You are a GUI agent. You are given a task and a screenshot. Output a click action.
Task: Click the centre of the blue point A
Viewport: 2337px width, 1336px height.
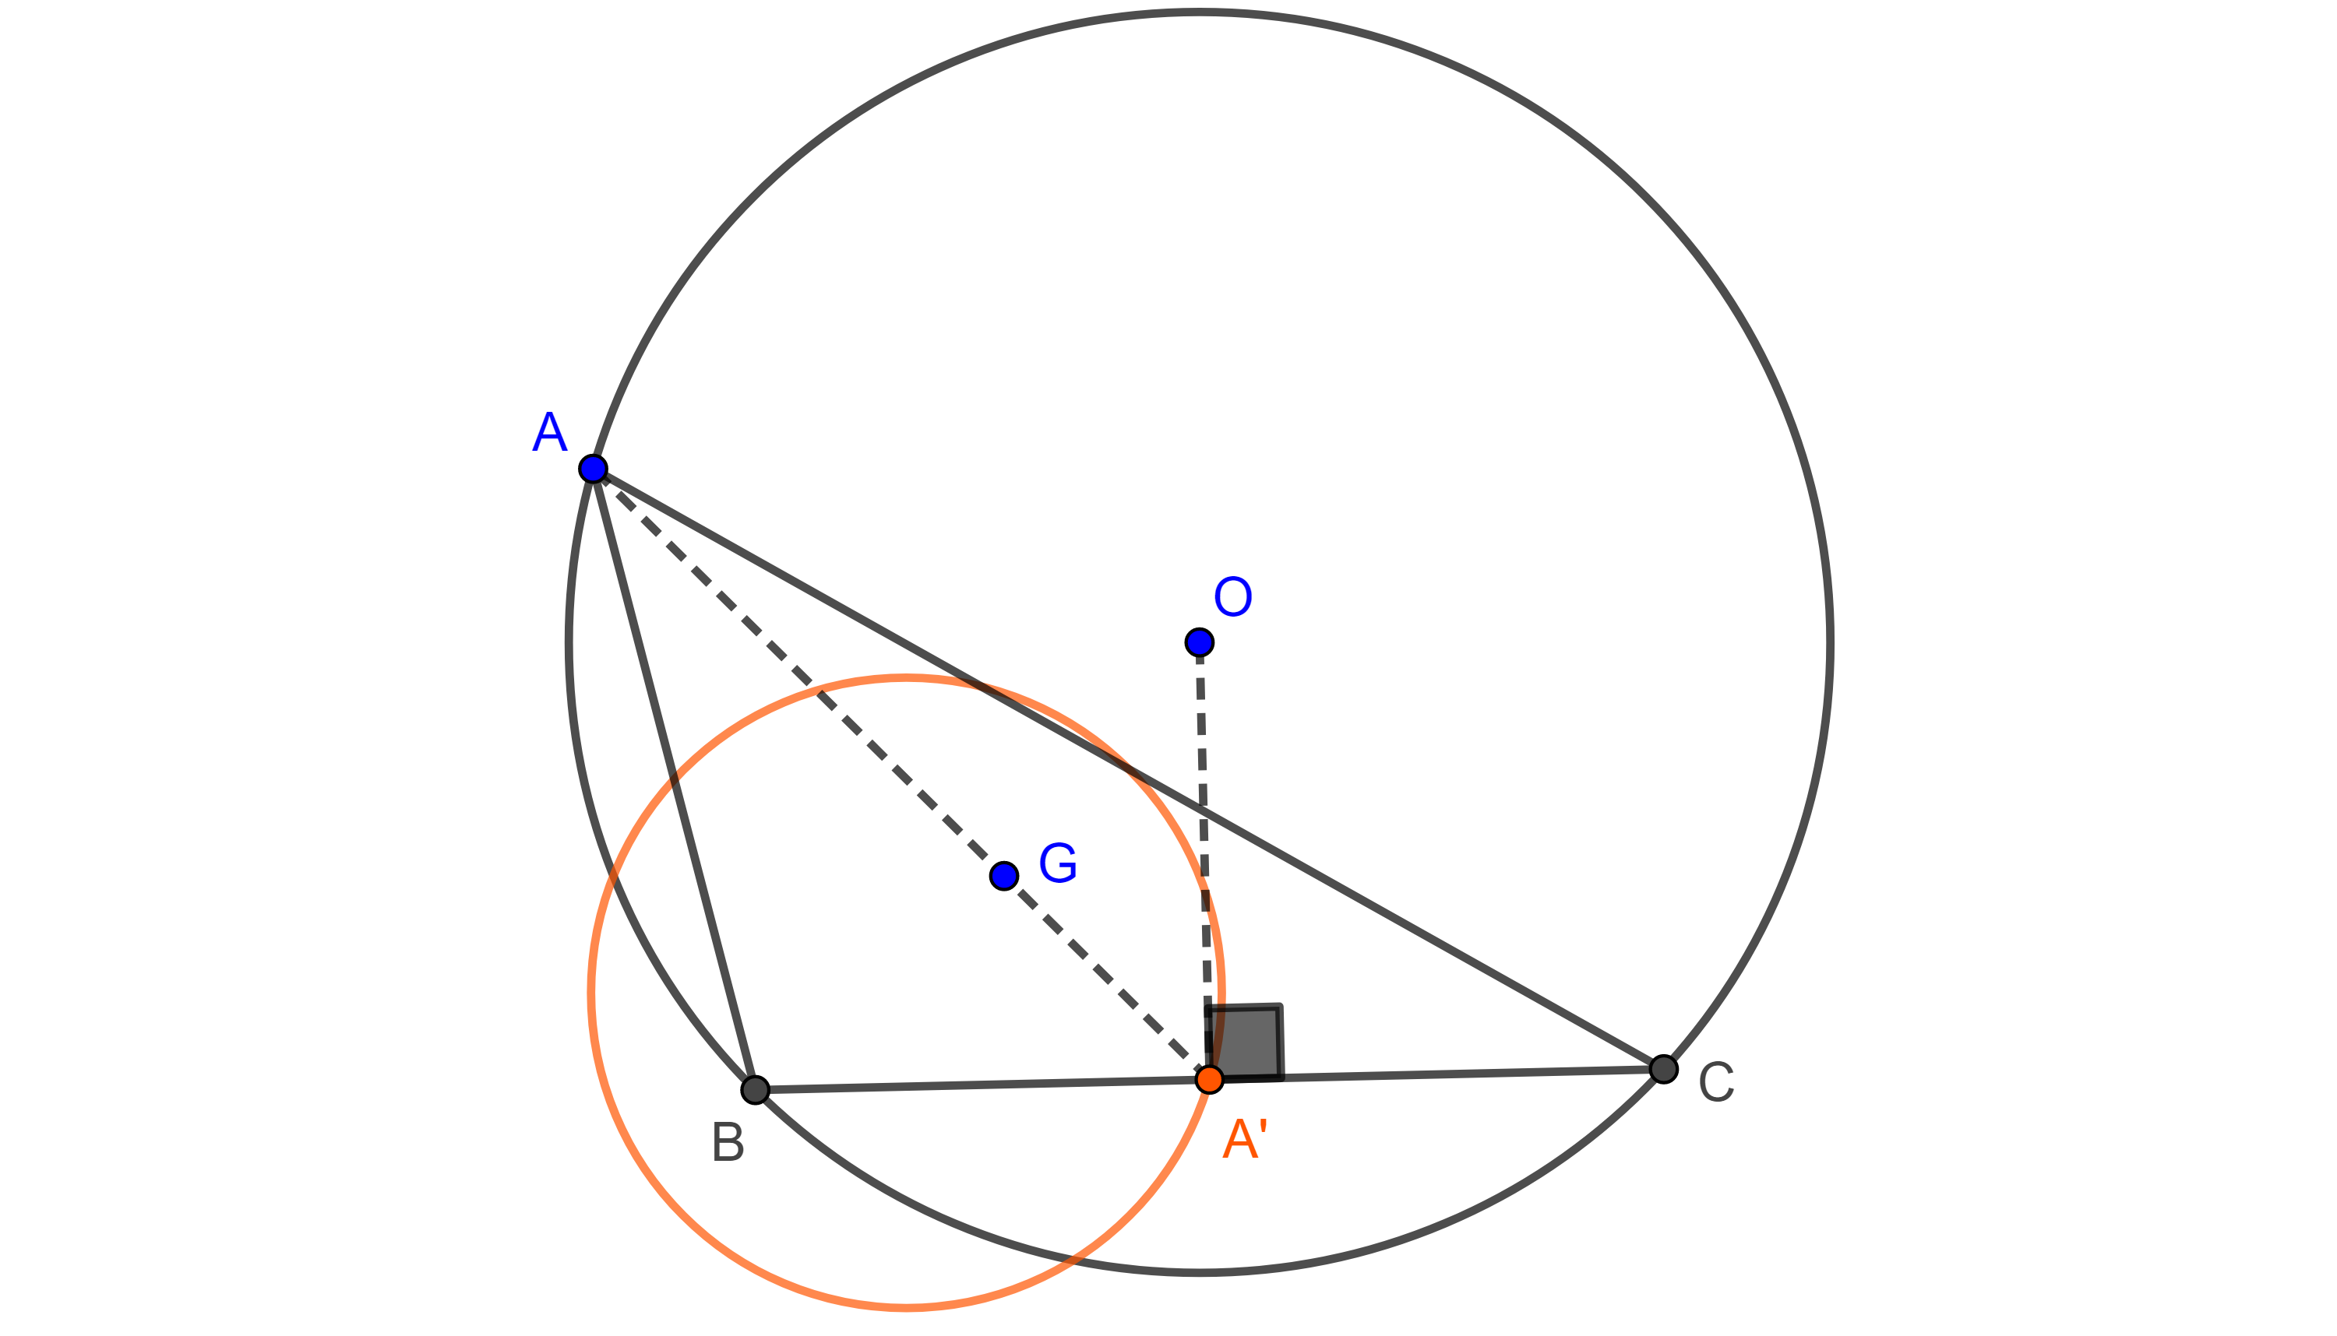coord(593,469)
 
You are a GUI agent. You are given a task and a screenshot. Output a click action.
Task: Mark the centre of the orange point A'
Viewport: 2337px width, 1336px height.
coord(1210,1079)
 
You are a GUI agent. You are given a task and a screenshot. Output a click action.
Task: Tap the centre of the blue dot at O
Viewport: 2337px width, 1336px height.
coord(1200,642)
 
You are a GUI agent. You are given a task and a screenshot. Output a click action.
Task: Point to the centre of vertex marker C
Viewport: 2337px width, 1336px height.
coord(1663,1069)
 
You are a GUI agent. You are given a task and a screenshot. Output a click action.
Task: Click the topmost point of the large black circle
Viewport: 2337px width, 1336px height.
coord(1200,12)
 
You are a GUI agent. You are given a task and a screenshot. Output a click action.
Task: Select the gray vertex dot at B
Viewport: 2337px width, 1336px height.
coord(756,1089)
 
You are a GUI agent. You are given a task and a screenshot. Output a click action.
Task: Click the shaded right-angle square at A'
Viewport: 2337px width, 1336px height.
coord(1245,1042)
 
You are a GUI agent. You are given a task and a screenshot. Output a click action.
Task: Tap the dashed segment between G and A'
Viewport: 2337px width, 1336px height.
coord(1107,977)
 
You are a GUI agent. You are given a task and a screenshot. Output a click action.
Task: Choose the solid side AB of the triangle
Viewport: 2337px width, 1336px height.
coord(675,779)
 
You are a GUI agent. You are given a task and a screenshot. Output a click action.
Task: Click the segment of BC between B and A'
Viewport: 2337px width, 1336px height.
coord(982,1084)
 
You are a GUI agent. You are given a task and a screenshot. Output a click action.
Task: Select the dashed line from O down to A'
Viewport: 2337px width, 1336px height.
coord(1204,861)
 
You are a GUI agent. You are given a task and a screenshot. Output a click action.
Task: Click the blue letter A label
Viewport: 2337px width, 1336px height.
coord(549,431)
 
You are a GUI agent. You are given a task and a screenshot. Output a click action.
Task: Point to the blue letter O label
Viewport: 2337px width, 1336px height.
coord(1232,597)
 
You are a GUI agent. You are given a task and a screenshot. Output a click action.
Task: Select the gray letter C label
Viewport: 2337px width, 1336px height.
coord(1716,1083)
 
